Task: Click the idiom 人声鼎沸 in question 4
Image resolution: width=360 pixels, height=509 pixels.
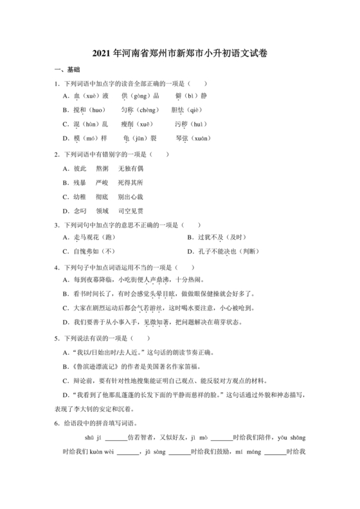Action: [x=159, y=280]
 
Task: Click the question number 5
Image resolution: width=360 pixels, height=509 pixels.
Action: [x=57, y=337]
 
